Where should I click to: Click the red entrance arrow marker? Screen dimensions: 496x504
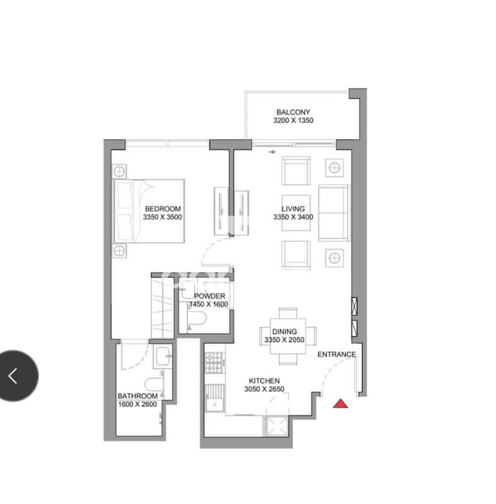pyautogui.click(x=340, y=403)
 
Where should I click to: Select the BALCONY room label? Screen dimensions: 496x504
pyautogui.click(x=293, y=112)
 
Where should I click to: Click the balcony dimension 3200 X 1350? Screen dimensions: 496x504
pyautogui.click(x=293, y=120)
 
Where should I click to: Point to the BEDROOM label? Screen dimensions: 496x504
pyautogui.click(x=163, y=209)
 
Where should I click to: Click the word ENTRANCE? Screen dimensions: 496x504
pyautogui.click(x=336, y=354)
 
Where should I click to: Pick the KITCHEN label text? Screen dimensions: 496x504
pyautogui.click(x=264, y=381)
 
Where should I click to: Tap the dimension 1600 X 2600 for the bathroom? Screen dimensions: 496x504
pyautogui.click(x=138, y=404)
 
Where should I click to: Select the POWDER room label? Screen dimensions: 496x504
pyautogui.click(x=210, y=296)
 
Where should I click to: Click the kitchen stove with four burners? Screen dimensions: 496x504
pyautogui.click(x=215, y=362)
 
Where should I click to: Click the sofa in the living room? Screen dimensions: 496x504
pyautogui.click(x=333, y=213)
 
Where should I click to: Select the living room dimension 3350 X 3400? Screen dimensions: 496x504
pyautogui.click(x=293, y=217)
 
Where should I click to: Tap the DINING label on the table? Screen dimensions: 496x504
pyautogui.click(x=284, y=331)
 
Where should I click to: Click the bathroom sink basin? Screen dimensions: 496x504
pyautogui.click(x=163, y=356)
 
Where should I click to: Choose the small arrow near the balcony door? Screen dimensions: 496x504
pyautogui.click(x=273, y=152)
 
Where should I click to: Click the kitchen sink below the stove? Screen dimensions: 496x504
pyautogui.click(x=214, y=398)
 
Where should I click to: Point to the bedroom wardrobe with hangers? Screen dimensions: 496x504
pyautogui.click(x=163, y=308)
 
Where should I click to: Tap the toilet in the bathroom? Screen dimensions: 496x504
pyautogui.click(x=154, y=384)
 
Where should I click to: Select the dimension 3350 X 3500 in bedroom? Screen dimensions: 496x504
pyautogui.click(x=163, y=217)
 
